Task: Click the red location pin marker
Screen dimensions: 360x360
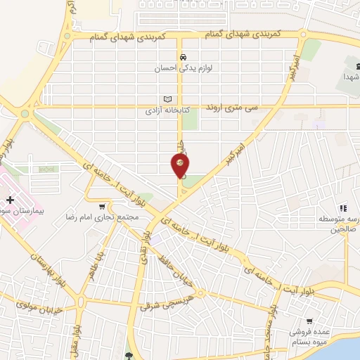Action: (x=180, y=165)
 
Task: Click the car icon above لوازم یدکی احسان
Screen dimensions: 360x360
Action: (x=183, y=57)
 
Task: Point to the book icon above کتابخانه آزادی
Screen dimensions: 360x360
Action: (x=167, y=99)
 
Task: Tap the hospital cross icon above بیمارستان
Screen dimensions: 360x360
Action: (x=11, y=200)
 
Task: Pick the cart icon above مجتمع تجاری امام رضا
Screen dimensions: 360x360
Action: (x=103, y=206)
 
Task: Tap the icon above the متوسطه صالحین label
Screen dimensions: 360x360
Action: (x=342, y=208)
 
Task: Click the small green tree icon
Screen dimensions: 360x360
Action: (x=128, y=355)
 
